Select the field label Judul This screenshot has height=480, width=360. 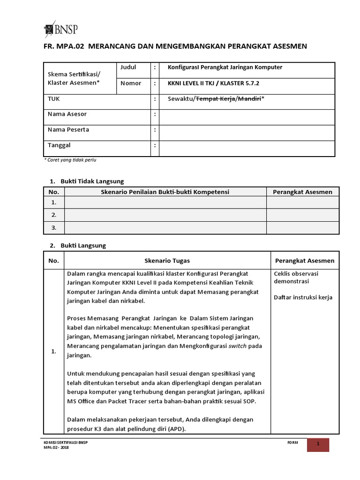tap(128, 67)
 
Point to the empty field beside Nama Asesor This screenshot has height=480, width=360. tap(247, 115)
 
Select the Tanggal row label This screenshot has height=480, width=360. tap(59, 146)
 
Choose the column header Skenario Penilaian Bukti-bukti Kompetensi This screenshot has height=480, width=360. tap(165, 192)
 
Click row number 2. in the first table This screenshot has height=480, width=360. tap(54, 215)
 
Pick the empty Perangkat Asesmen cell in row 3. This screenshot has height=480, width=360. tap(303, 228)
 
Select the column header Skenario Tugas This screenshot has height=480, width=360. tap(167, 261)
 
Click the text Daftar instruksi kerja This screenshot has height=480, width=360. tap(302, 297)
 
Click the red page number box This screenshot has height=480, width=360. tap(318, 444)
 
